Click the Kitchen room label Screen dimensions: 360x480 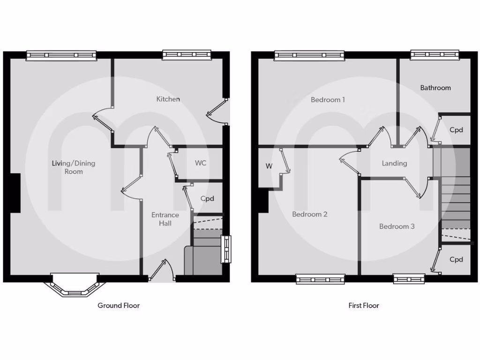click(x=168, y=99)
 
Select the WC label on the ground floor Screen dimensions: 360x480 click(x=201, y=163)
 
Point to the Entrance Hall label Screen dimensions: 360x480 click(x=165, y=219)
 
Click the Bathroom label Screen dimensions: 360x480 click(x=435, y=88)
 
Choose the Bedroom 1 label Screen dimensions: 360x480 click(x=328, y=99)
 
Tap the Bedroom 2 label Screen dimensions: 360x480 click(x=309, y=214)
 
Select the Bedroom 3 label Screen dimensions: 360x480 click(x=397, y=226)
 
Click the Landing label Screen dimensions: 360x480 click(x=394, y=163)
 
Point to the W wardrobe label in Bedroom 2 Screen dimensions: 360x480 click(x=269, y=166)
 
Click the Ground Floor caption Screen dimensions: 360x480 click(x=119, y=305)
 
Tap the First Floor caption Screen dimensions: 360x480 click(x=364, y=305)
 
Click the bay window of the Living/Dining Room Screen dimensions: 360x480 click(x=75, y=287)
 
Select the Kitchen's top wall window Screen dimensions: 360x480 click(x=187, y=55)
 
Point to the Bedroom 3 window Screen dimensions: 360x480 click(x=409, y=279)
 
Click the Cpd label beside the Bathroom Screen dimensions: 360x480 click(x=456, y=130)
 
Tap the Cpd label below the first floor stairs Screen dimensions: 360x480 click(x=456, y=259)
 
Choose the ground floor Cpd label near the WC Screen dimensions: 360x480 click(x=207, y=199)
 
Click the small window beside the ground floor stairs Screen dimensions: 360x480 click(x=226, y=248)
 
